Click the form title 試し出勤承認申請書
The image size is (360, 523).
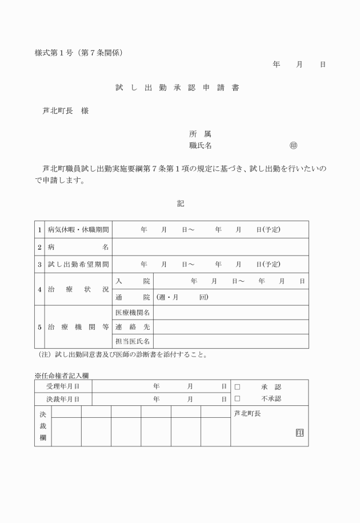[x=177, y=88]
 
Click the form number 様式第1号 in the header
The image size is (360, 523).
[x=55, y=53]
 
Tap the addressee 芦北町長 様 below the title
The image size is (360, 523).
[x=66, y=111]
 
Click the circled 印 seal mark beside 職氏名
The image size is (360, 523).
[x=293, y=146]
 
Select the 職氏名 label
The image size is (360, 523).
[x=201, y=146]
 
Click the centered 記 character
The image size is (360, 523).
[x=181, y=203]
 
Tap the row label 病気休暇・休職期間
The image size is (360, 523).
[x=78, y=230]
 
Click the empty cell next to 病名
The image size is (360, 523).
[x=210, y=247]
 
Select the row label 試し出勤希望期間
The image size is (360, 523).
[x=78, y=264]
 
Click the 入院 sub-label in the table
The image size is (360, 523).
[x=133, y=281]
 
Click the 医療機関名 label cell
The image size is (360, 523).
[x=133, y=313]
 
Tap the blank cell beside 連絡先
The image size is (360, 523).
[x=231, y=327]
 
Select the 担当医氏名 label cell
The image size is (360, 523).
[x=133, y=341]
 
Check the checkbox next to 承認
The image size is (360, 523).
[x=237, y=387]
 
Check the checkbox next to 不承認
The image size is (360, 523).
[x=237, y=398]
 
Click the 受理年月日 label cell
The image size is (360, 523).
[x=63, y=387]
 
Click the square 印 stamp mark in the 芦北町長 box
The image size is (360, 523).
[x=299, y=433]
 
